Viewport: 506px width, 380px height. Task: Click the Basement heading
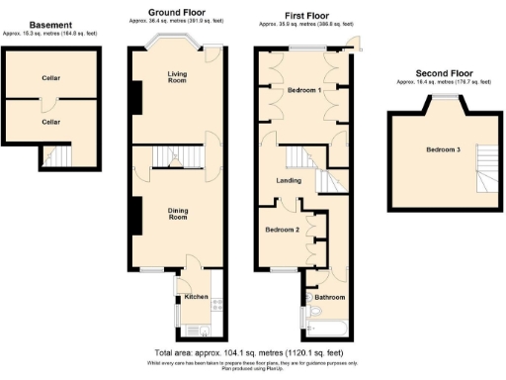[51, 25]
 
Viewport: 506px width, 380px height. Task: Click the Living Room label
[178, 77]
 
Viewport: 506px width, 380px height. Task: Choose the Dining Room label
[178, 213]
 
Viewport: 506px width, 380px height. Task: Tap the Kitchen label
[195, 297]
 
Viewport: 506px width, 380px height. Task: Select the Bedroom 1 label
[304, 90]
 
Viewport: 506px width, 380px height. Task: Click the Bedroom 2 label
[283, 230]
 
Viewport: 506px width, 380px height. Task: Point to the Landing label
[289, 179]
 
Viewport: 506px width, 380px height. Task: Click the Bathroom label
[330, 297]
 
